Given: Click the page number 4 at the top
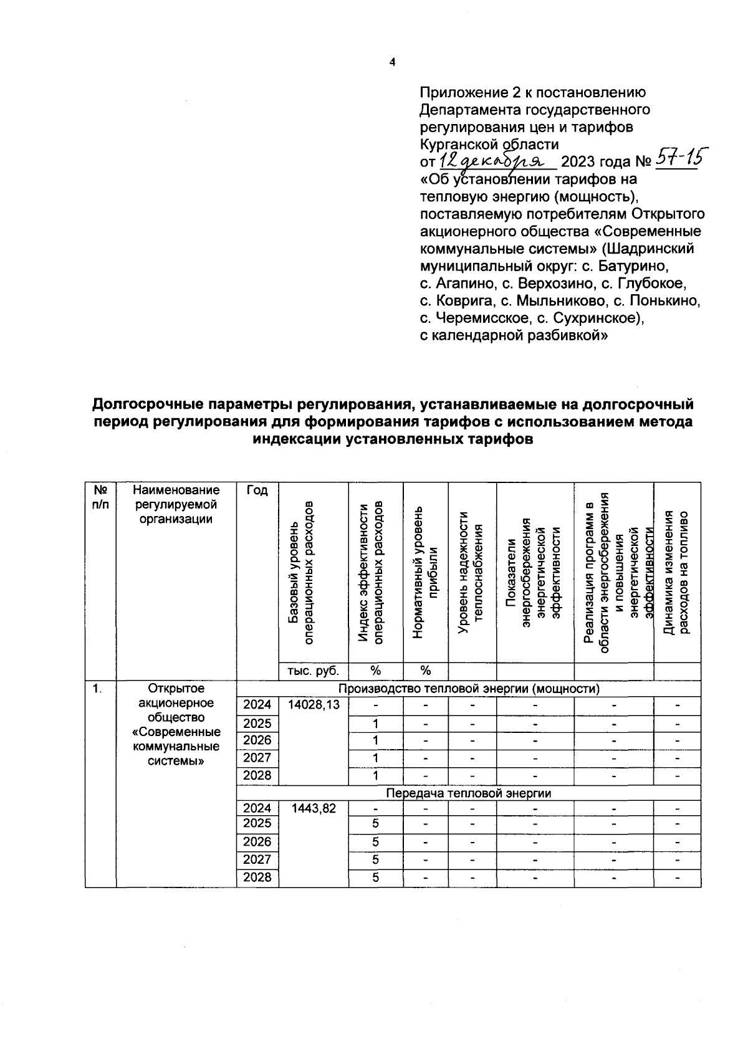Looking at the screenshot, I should coord(392,62).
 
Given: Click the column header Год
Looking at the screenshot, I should coord(257,490).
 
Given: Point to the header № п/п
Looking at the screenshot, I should coord(100,497).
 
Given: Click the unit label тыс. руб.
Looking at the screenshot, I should coord(313,671).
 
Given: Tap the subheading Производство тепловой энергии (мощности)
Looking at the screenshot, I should coord(468,689).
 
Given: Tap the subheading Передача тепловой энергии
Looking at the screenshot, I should coord(468,793).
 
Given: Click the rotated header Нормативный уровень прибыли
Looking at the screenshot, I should coord(426,573).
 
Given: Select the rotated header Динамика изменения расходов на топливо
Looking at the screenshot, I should coord(676,573).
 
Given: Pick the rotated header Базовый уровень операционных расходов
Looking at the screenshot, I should coord(300,573).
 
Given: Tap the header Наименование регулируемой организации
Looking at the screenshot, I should coord(176,505).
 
